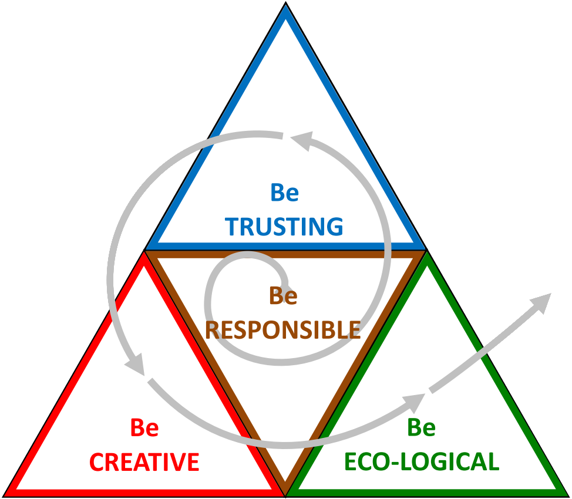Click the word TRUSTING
tap(284, 227)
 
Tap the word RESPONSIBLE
tap(283, 329)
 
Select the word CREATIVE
tap(144, 462)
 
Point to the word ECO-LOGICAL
tap(422, 461)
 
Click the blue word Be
tap(285, 193)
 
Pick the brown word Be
tap(284, 295)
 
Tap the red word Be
tap(144, 427)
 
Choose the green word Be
tap(422, 427)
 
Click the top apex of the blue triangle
tap(285, 2)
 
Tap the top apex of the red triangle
tap(144, 252)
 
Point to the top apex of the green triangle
tap(426, 252)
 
